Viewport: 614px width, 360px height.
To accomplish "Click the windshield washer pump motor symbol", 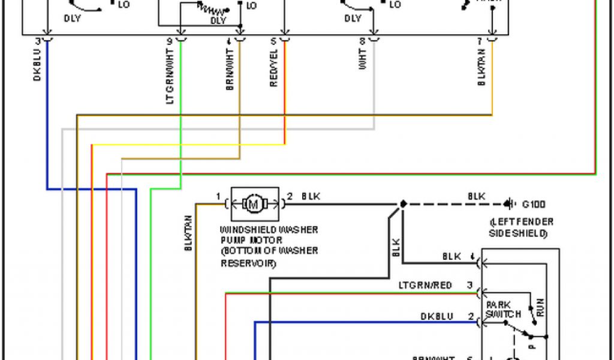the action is pyautogui.click(x=254, y=204).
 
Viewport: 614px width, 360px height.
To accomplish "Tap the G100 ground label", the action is pyautogui.click(x=534, y=204).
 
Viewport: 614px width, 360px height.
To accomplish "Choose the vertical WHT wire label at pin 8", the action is pyautogui.click(x=363, y=63).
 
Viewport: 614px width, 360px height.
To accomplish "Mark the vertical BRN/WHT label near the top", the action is pyautogui.click(x=230, y=72).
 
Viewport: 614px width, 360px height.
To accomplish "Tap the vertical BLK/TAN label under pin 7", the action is pyautogui.click(x=481, y=70).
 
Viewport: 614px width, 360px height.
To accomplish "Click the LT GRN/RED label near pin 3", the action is pyautogui.click(x=425, y=285).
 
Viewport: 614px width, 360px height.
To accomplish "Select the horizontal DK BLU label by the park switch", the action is pyautogui.click(x=437, y=316).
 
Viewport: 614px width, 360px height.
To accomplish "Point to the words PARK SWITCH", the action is pyautogui.click(x=502, y=310).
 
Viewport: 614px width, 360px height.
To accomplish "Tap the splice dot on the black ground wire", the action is pyautogui.click(x=403, y=204).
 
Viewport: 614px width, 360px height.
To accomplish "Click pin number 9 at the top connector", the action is pyautogui.click(x=169, y=41).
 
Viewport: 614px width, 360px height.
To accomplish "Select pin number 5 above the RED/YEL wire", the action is pyautogui.click(x=273, y=41).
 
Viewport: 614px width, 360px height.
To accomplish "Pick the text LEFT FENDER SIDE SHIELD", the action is pyautogui.click(x=521, y=227).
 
